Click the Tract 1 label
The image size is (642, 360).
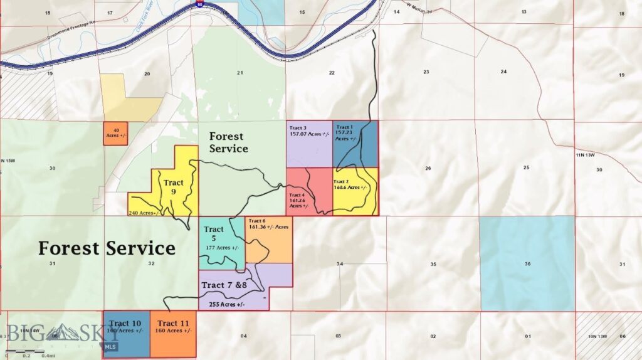(344, 127)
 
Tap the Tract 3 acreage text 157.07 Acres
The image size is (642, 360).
(309, 134)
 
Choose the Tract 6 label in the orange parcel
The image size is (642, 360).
(258, 221)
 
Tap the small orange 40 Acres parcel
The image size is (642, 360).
(116, 133)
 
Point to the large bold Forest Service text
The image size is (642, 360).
(107, 248)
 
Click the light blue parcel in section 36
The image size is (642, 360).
(527, 263)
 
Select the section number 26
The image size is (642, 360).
(428, 168)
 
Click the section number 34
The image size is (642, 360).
(340, 264)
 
